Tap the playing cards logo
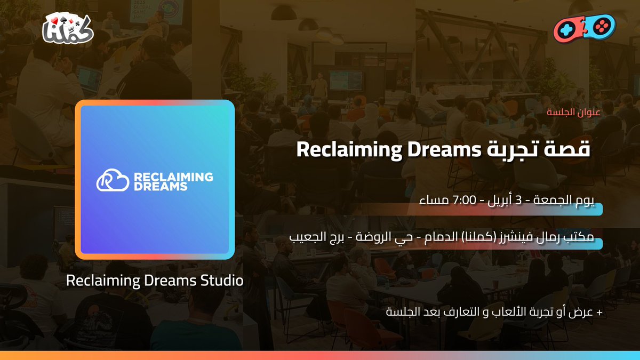pos(68,28)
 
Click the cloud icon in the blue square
pos(113,181)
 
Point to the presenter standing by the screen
pos(319,85)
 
